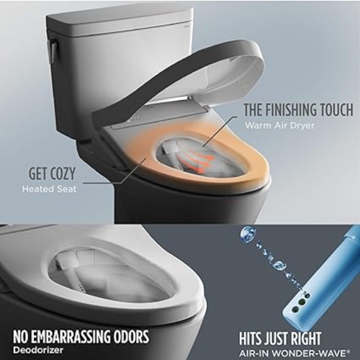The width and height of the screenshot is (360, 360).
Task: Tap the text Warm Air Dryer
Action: coord(275,127)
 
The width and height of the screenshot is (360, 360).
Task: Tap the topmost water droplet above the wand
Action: coord(247,233)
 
